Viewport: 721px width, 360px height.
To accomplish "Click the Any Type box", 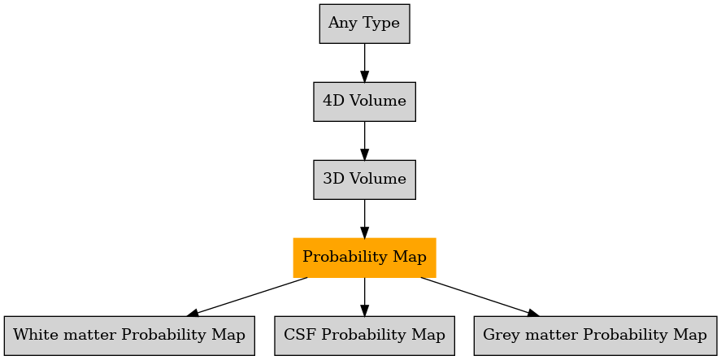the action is [x=365, y=24].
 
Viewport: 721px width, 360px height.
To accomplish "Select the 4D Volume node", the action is [x=365, y=102].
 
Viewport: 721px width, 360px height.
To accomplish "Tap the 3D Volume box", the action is [x=365, y=180].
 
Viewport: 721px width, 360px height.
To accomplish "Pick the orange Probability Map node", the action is [x=365, y=258].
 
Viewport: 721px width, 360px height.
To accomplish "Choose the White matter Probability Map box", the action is [x=129, y=336].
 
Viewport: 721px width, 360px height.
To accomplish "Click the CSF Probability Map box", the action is [x=365, y=336].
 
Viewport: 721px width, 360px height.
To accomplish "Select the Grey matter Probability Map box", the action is [x=595, y=336].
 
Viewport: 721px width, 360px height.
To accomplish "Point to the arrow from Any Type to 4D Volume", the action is [x=365, y=63].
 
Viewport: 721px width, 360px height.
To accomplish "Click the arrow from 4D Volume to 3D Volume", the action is [x=365, y=141].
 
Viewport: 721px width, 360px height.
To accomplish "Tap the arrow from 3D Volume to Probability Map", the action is [x=365, y=219].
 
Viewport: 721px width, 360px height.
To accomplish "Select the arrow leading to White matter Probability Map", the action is [x=247, y=297].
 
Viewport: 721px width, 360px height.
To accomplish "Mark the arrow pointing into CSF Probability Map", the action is [x=365, y=297].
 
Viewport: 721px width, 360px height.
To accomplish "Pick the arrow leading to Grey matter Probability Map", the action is [x=480, y=297].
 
